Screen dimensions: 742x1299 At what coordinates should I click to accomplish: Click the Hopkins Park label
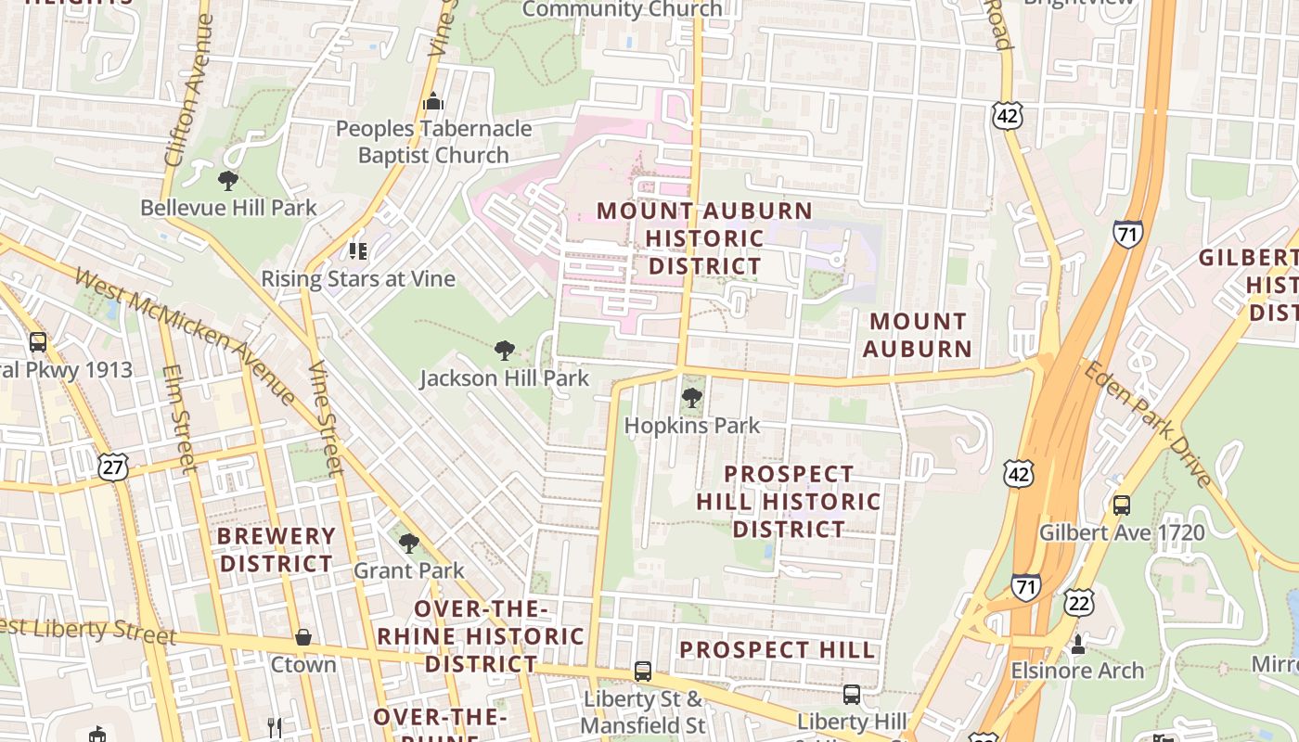click(x=691, y=426)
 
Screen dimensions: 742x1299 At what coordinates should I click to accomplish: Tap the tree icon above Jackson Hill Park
click(x=505, y=351)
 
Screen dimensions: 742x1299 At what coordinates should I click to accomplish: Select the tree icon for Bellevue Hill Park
click(x=227, y=180)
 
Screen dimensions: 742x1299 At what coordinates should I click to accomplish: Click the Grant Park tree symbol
click(x=408, y=543)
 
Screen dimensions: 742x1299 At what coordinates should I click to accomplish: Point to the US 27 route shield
click(x=113, y=467)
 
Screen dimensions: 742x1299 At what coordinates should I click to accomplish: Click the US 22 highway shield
click(x=1079, y=602)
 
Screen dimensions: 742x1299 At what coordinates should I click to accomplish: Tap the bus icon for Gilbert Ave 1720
click(x=1122, y=505)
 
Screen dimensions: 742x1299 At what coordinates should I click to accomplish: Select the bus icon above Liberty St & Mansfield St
click(x=642, y=671)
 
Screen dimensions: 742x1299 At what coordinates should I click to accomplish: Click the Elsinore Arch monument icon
click(x=1077, y=643)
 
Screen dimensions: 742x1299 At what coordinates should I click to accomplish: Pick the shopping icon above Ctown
click(x=302, y=637)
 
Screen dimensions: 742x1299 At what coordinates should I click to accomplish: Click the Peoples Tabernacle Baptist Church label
click(x=433, y=142)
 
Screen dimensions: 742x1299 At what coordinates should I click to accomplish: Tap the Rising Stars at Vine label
click(x=358, y=278)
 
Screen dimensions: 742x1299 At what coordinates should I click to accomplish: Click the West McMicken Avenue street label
click(x=185, y=335)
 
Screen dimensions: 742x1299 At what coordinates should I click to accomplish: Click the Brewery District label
click(x=276, y=550)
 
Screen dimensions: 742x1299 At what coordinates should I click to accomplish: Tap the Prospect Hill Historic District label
click(x=788, y=501)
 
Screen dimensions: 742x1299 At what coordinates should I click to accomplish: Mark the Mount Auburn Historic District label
click(x=704, y=238)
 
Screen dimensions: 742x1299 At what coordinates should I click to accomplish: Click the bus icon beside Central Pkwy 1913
click(x=38, y=342)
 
